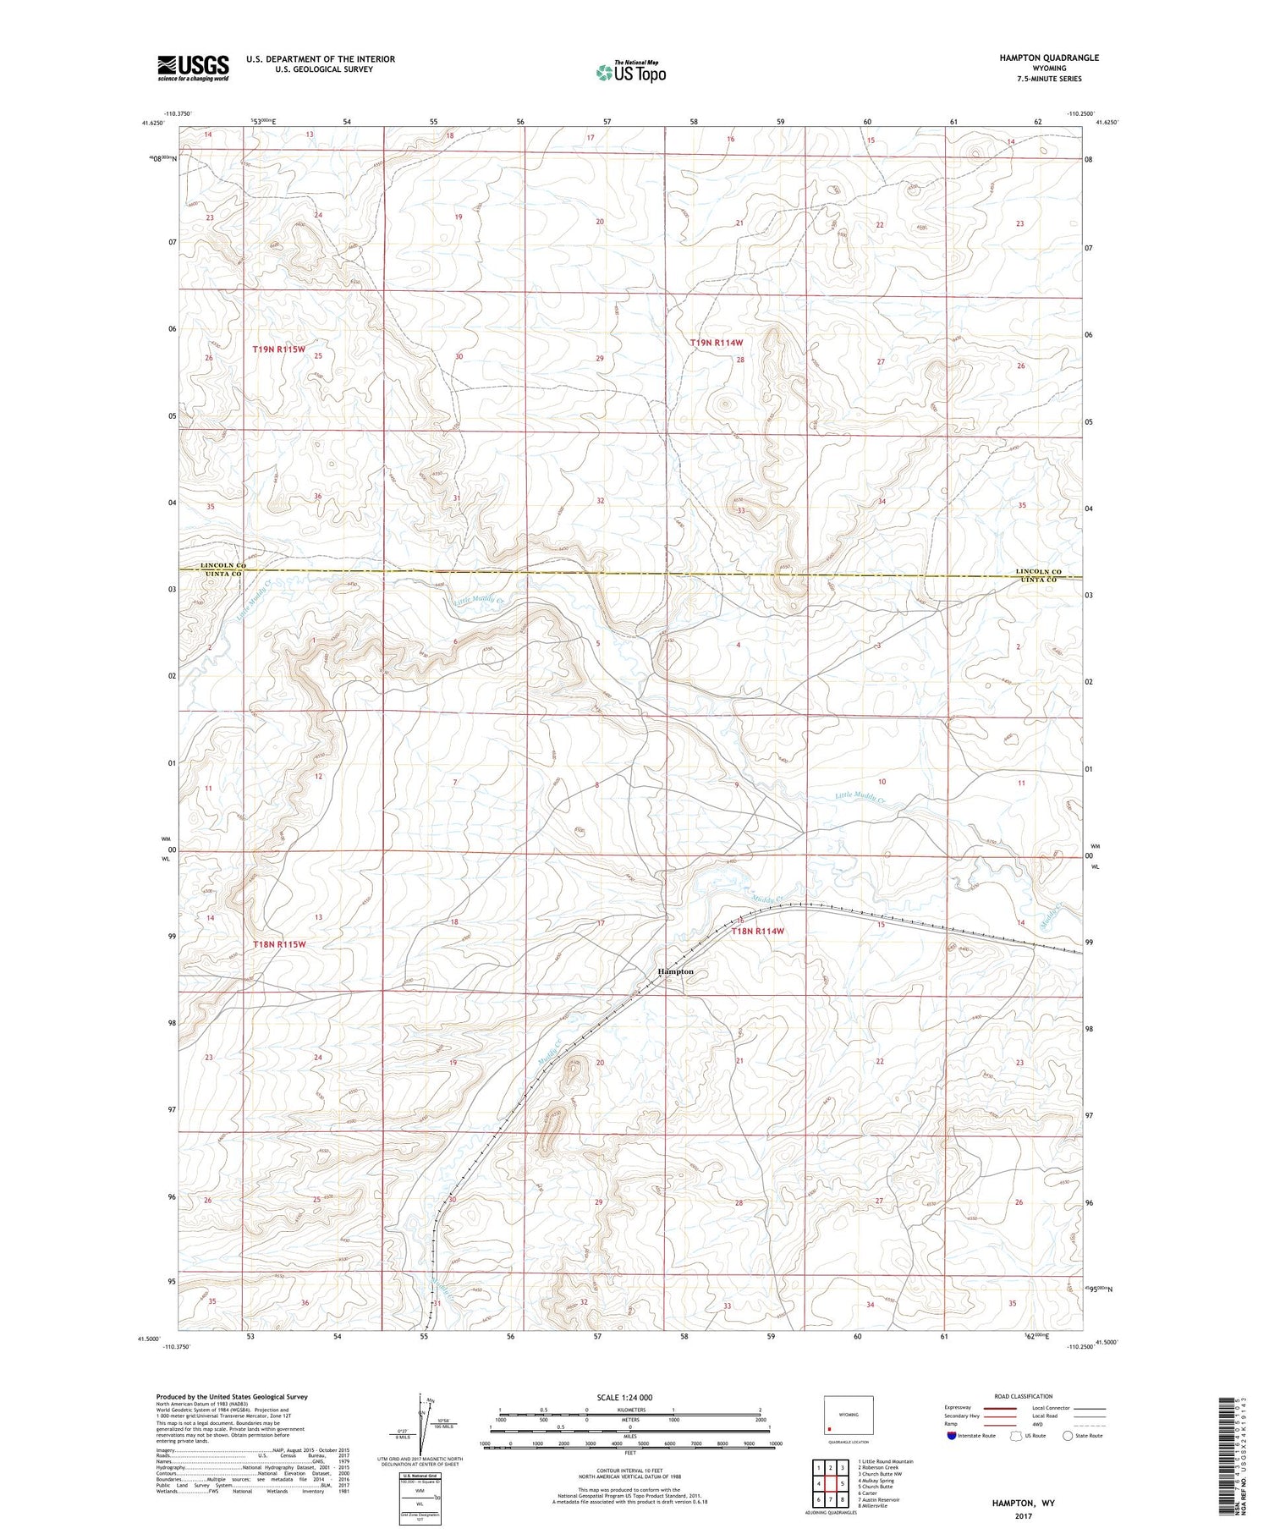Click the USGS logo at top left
[193, 68]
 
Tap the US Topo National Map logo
[630, 72]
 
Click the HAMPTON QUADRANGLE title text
[1049, 58]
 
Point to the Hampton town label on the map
[676, 971]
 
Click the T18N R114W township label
[758, 931]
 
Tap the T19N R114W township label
[717, 343]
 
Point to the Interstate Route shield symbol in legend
[951, 1436]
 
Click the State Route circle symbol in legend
[1068, 1436]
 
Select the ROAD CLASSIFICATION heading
[1024, 1396]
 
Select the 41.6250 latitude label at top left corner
[152, 124]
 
